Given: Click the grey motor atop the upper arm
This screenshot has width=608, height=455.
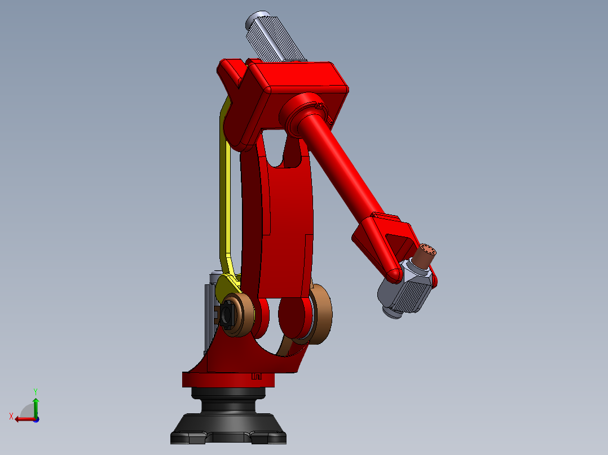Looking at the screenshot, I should coord(275,37).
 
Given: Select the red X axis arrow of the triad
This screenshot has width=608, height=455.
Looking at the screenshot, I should coord(23,418).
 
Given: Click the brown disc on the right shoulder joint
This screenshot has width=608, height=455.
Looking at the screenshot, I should coord(320,313).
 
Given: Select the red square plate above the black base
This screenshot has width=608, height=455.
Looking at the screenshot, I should coord(228,380).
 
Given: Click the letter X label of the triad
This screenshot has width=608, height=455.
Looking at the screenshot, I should coord(11,416).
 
